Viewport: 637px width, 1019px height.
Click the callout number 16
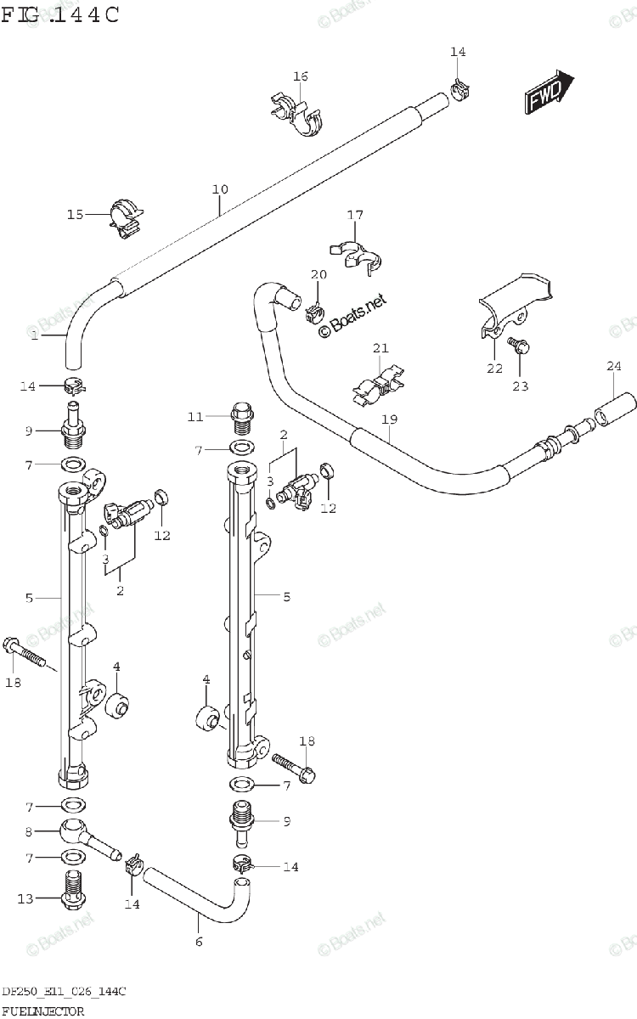(300, 76)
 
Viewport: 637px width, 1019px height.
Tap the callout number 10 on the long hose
(220, 189)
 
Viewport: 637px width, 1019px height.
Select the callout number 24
(613, 366)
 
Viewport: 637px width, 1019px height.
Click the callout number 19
(390, 419)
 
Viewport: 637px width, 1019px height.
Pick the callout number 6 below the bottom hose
(199, 941)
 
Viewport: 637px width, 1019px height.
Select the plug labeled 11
(241, 395)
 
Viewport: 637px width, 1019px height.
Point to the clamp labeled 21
(378, 383)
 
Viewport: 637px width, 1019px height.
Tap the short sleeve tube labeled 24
(614, 399)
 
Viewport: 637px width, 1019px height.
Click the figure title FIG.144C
(59, 15)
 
